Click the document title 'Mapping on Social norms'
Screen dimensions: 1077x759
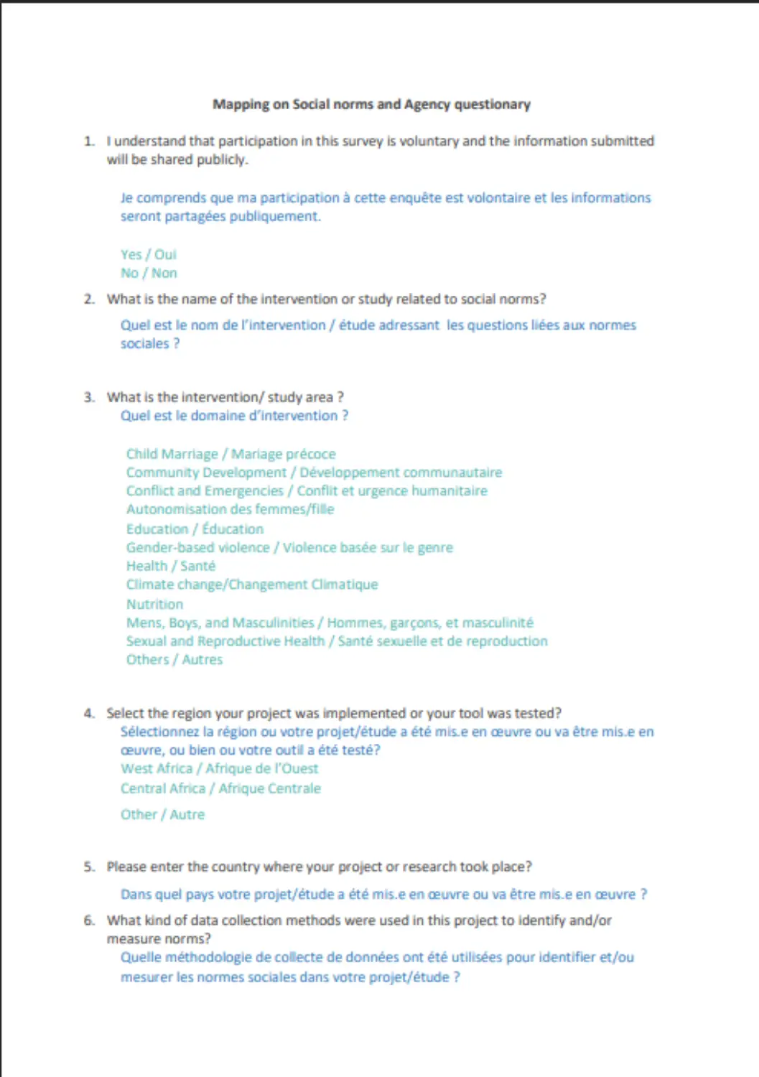(x=371, y=105)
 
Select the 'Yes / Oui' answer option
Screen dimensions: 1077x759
(x=148, y=255)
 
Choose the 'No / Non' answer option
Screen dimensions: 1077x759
(x=148, y=274)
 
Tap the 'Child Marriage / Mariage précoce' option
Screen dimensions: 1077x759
(x=231, y=454)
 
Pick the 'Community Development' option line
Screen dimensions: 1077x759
(x=314, y=472)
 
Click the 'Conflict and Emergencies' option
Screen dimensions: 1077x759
(x=307, y=491)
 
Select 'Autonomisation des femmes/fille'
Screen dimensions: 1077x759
(x=230, y=510)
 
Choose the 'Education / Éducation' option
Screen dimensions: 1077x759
(x=195, y=529)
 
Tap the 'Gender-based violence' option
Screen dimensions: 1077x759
(x=289, y=548)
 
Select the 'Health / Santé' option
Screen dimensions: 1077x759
(x=170, y=567)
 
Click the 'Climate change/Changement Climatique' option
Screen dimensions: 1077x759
(x=251, y=585)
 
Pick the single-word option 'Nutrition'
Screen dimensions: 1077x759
(x=154, y=605)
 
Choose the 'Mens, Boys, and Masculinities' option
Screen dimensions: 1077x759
(x=330, y=623)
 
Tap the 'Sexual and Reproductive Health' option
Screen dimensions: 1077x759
(x=336, y=641)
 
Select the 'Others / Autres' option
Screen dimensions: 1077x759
(x=174, y=660)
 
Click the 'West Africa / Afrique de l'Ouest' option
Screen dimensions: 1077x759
(x=219, y=769)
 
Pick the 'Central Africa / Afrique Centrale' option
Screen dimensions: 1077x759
(x=220, y=788)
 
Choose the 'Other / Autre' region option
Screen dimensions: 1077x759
(x=162, y=815)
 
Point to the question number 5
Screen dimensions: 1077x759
(x=88, y=867)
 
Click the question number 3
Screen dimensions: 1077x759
(x=88, y=398)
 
